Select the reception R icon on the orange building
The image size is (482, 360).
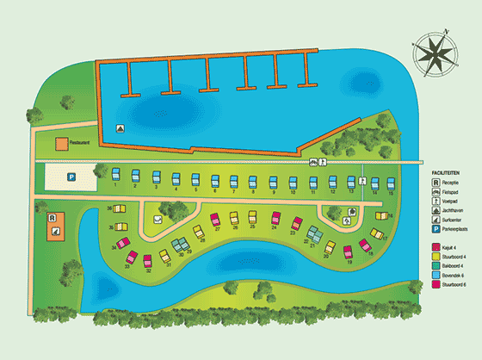(53, 218)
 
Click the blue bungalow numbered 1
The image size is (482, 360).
(116, 177)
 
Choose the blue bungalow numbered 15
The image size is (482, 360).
(391, 183)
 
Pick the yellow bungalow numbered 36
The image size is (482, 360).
(120, 209)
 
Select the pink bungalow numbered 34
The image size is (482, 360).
(124, 245)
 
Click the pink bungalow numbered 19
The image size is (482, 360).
(349, 252)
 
